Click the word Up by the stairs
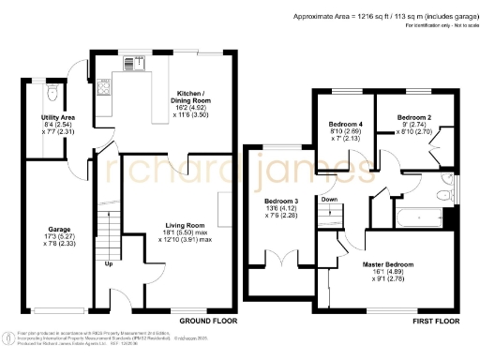pyautogui.click(x=108, y=264)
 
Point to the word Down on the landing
pyautogui.click(x=329, y=199)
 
